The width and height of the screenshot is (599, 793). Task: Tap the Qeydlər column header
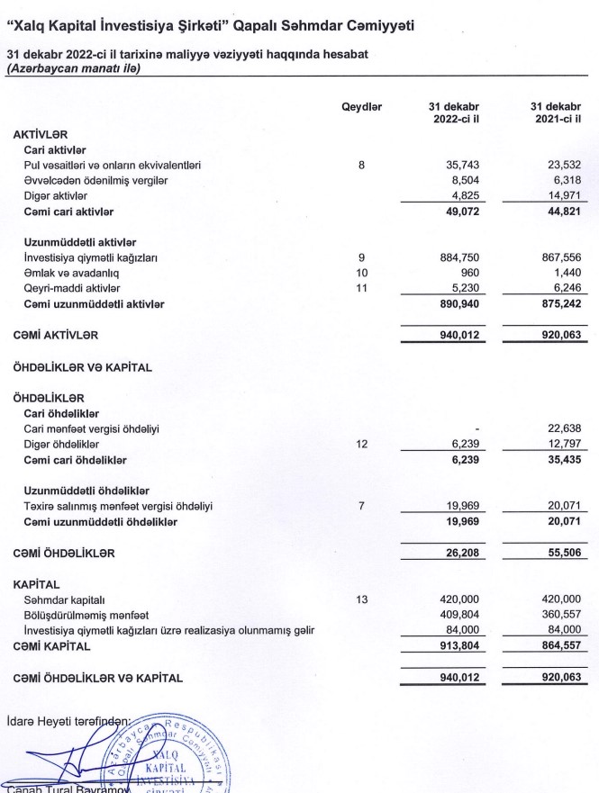pyautogui.click(x=361, y=107)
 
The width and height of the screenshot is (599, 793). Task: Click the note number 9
pyautogui.click(x=361, y=257)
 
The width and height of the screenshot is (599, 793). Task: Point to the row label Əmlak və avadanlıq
pyautogui.click(x=71, y=273)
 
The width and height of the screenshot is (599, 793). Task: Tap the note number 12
pyautogui.click(x=361, y=444)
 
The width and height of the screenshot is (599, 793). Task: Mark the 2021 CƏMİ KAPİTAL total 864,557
pyautogui.click(x=560, y=645)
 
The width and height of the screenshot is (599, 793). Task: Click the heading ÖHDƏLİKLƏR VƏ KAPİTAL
pyautogui.click(x=82, y=366)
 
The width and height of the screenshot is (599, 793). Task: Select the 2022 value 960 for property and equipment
pyautogui.click(x=469, y=273)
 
